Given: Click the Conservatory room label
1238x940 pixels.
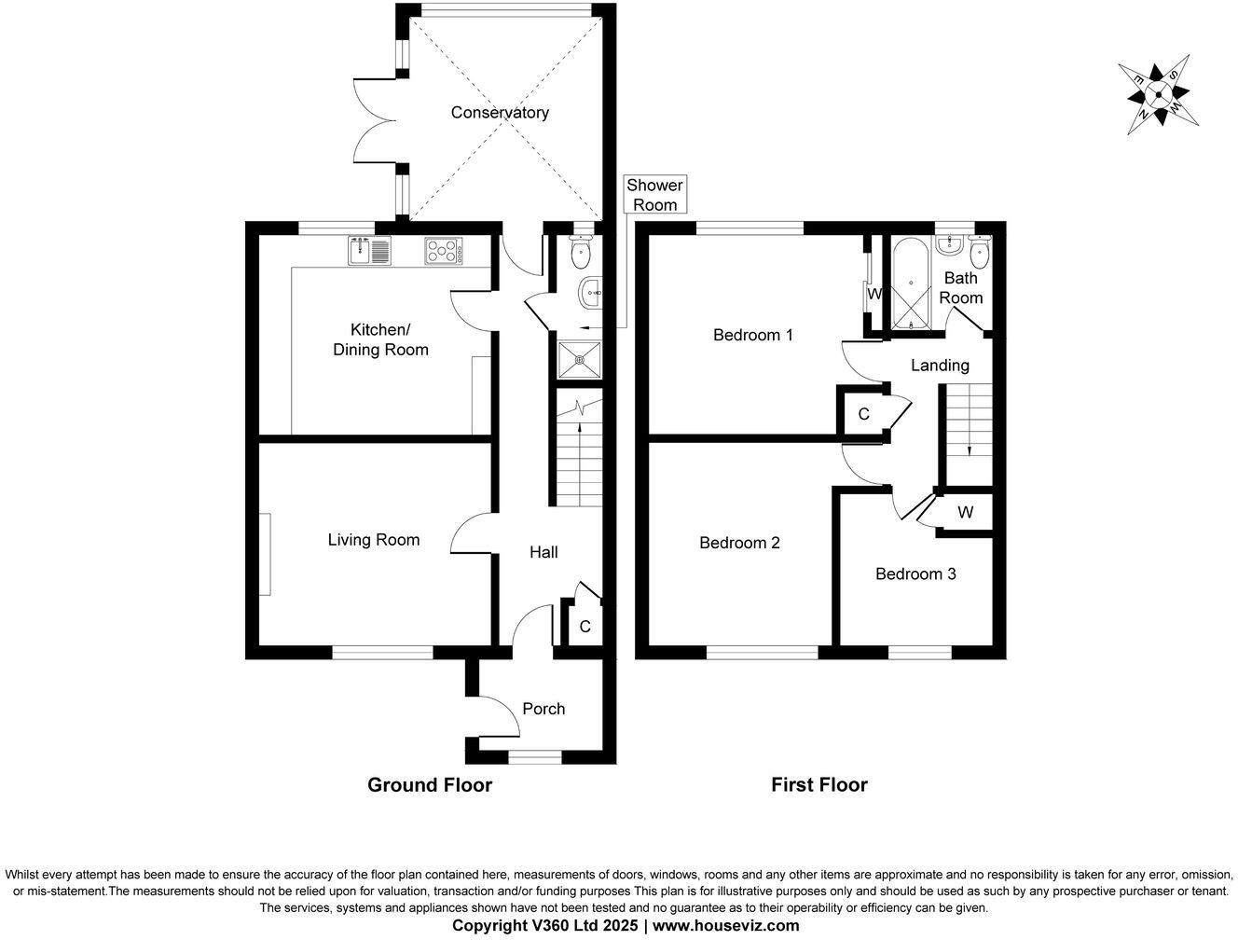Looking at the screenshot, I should pos(500,113).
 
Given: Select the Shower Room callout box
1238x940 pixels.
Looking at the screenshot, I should pos(654,195).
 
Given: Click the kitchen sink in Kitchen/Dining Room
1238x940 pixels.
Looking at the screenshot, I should pos(371,251).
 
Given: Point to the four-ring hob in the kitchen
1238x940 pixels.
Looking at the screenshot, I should pos(444,251).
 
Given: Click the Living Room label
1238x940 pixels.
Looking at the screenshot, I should pos(373,540).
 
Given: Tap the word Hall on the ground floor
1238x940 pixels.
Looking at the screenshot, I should pos(543,552).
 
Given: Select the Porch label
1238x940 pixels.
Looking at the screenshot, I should pos(543,709).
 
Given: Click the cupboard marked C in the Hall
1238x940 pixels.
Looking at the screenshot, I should pos(585,626).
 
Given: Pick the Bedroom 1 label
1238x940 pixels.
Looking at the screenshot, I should pos(752,335).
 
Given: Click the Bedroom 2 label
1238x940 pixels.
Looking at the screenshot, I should pos(739,543).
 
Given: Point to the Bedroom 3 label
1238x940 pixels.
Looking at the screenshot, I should pos(915,574).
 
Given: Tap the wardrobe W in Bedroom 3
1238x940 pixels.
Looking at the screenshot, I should pos(965,512).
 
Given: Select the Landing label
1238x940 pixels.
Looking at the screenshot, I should pos(940,366).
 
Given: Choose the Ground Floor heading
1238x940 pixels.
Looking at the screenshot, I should pos(430,785).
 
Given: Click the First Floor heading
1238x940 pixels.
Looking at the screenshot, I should pos(818,785).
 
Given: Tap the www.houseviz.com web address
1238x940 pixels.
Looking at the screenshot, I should pos(725,926).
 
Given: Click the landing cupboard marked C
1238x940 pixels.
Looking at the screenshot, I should pos(863,414).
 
